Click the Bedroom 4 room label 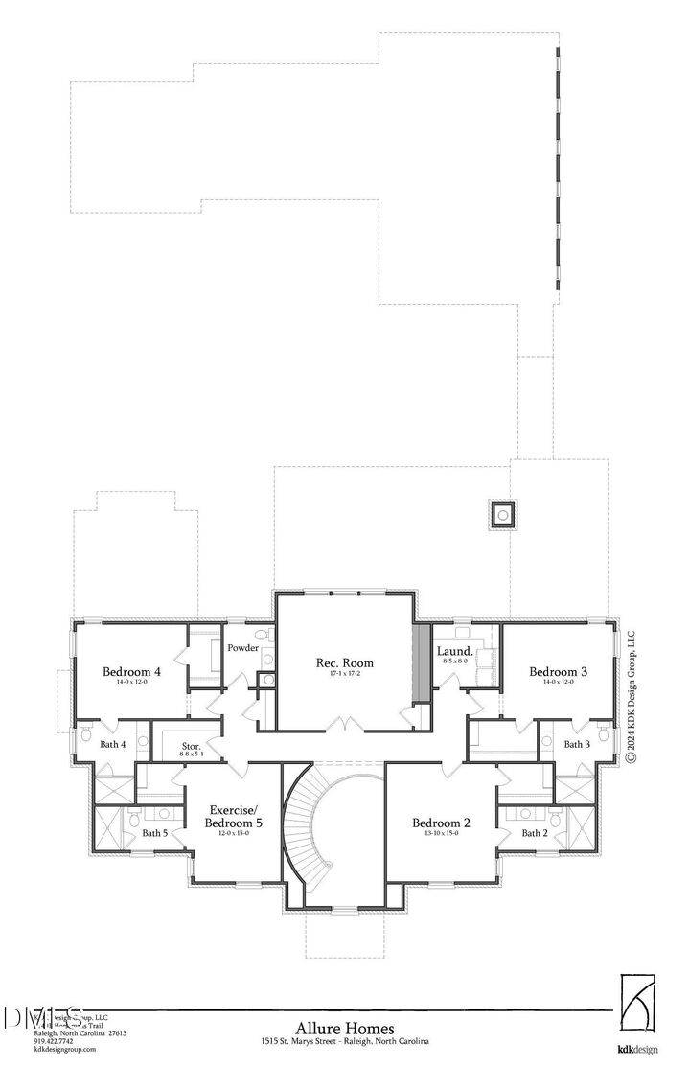131,672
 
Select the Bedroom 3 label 558,672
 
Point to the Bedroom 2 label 441,823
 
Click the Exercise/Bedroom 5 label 235,817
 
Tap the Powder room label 243,648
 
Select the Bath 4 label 113,744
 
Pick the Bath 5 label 155,833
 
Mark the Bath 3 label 576,744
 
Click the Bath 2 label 534,833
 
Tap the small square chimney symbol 502,515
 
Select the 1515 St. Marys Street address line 344,1041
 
